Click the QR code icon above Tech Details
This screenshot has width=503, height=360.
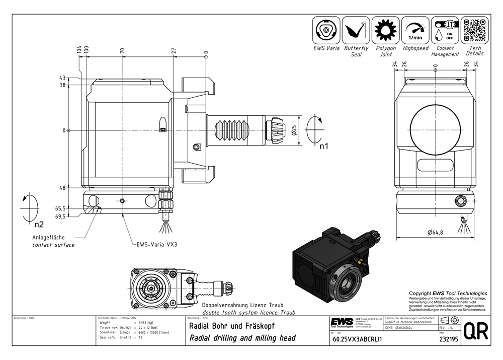(x=475, y=30)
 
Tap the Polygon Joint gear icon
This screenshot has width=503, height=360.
(x=386, y=30)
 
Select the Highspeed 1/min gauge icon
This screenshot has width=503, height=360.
(x=415, y=30)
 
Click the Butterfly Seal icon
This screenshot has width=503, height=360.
(x=356, y=30)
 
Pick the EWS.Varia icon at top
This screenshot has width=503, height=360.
(x=326, y=30)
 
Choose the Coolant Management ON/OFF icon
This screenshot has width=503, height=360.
(x=445, y=30)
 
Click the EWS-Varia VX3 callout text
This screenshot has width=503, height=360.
(x=158, y=245)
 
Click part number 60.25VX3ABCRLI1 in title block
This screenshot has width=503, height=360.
(x=358, y=339)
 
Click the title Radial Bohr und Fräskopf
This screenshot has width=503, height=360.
(x=231, y=326)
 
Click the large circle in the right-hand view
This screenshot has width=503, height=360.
(x=434, y=126)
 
